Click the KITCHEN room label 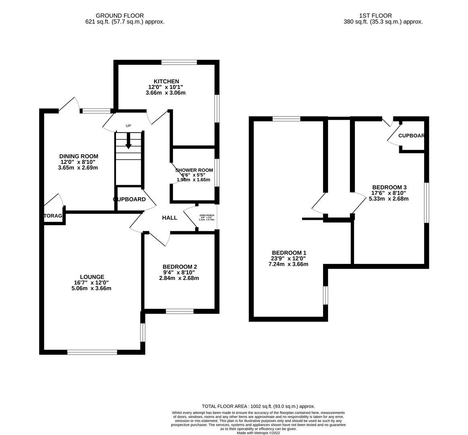(x=166, y=81)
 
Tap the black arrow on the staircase (x=128, y=141)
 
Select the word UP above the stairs (x=128, y=126)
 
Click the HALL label (x=169, y=218)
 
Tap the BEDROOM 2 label (x=179, y=267)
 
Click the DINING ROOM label (x=78, y=156)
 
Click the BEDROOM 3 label (x=389, y=187)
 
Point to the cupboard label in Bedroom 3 (x=411, y=136)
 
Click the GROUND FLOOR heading (x=125, y=16)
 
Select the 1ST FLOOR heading (x=383, y=16)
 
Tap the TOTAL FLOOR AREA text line (x=258, y=406)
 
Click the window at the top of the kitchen (x=179, y=62)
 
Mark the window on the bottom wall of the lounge (x=92, y=352)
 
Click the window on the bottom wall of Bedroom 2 (x=179, y=311)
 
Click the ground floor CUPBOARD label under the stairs (x=130, y=199)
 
